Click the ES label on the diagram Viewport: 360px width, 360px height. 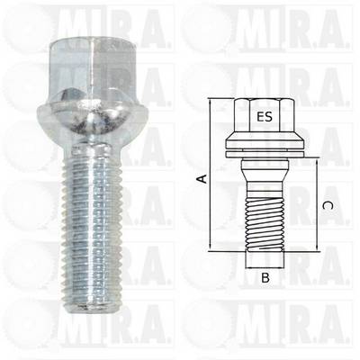(x=265, y=116)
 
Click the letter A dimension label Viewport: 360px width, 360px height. (x=202, y=179)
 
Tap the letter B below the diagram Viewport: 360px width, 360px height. (x=265, y=278)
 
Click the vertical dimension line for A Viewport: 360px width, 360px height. (x=211, y=175)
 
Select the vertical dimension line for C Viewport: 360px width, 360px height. (x=317, y=204)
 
